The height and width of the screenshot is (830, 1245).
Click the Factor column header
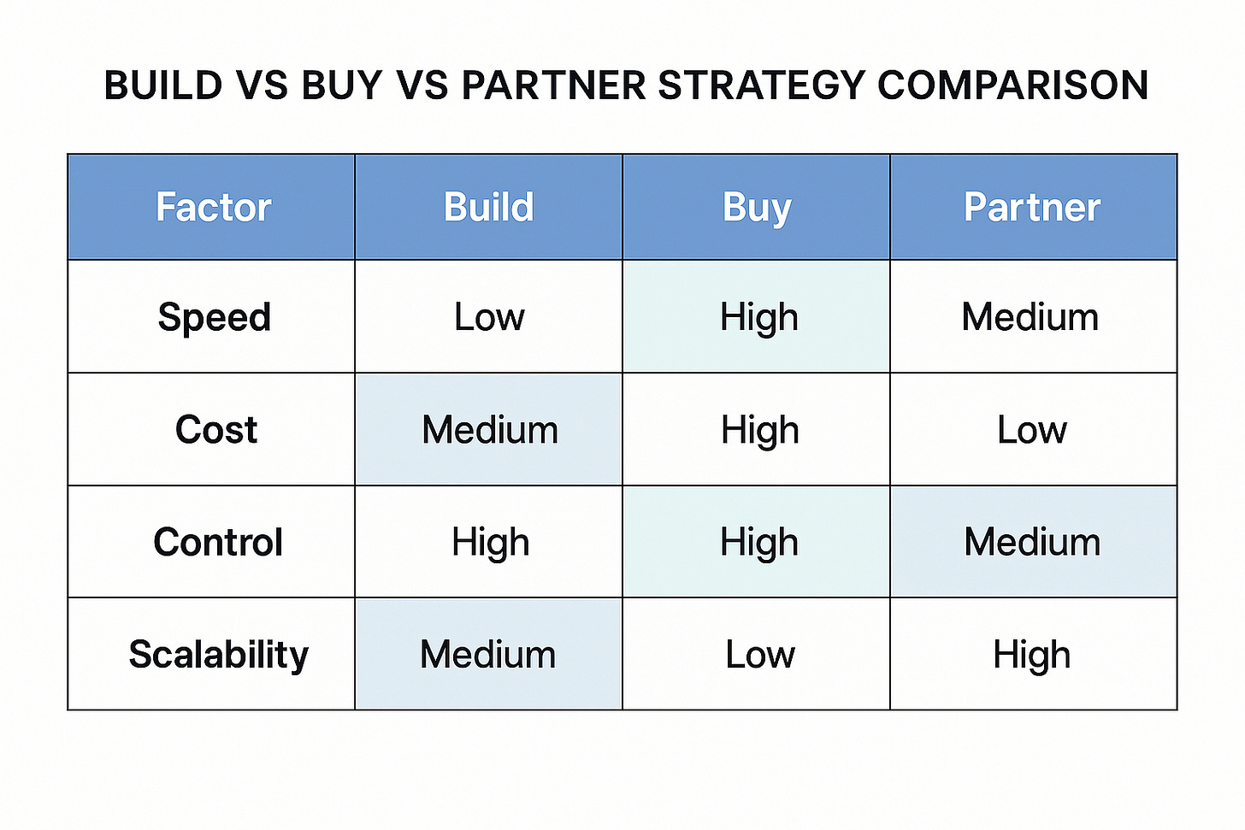point(213,208)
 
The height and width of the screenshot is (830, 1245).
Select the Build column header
point(488,208)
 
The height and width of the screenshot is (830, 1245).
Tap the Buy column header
point(757,208)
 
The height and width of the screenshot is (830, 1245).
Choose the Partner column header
point(1032,208)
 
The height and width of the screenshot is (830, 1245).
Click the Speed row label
point(214,317)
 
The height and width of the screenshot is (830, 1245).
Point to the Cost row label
point(215,429)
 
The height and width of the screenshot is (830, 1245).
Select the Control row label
point(217,542)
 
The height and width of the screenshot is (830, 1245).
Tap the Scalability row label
point(218,655)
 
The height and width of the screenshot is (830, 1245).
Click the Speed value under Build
point(488,317)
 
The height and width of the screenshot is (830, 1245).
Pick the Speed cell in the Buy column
point(758,317)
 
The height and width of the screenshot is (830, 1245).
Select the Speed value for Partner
point(1030,317)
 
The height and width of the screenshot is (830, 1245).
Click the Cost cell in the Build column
point(489,429)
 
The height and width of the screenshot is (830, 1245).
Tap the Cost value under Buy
point(759,429)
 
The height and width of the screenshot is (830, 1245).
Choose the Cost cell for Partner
point(1031,429)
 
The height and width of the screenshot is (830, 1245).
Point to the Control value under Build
point(490,542)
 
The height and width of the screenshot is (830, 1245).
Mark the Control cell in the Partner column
point(1032,542)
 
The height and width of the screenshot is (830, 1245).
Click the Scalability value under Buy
point(759,655)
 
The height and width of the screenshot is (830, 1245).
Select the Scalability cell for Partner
point(1031,655)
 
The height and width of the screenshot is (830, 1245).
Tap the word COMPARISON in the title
point(1012,85)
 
